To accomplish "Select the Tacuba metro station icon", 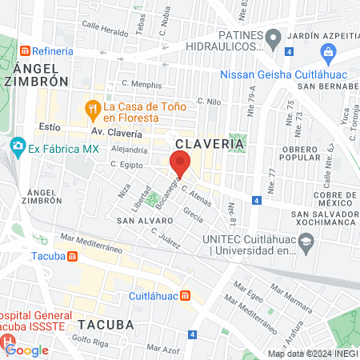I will tap(72, 257).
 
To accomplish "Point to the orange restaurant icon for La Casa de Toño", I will tap(93, 107).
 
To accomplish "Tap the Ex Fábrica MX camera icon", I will tap(16, 147).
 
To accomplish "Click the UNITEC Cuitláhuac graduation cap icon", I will tap(305, 240).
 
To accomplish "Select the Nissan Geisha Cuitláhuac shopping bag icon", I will tap(327, 53).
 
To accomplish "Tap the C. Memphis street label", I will tap(141, 84).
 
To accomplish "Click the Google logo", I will tap(27, 350).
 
